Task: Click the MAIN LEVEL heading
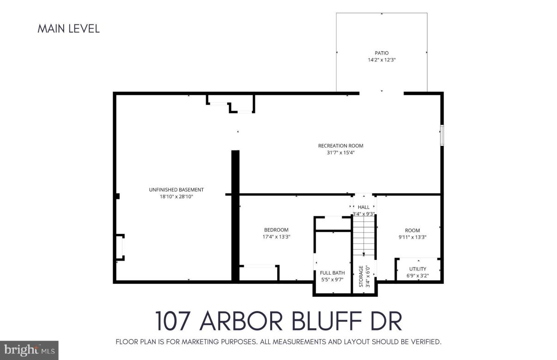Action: click(68, 29)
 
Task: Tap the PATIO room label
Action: click(381, 53)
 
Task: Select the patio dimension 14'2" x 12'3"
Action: click(381, 60)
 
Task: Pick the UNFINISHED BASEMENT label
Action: click(176, 190)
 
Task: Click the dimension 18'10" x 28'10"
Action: click(176, 197)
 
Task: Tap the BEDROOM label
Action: click(276, 230)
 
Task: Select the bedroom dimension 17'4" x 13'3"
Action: click(276, 237)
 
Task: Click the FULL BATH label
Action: click(333, 273)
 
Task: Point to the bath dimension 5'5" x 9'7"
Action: click(333, 279)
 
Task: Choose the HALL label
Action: click(363, 207)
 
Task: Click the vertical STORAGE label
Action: click(361, 276)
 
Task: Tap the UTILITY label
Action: click(418, 269)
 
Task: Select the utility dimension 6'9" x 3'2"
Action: click(418, 276)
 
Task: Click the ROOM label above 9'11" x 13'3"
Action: click(412, 230)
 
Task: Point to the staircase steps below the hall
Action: click(364, 235)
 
